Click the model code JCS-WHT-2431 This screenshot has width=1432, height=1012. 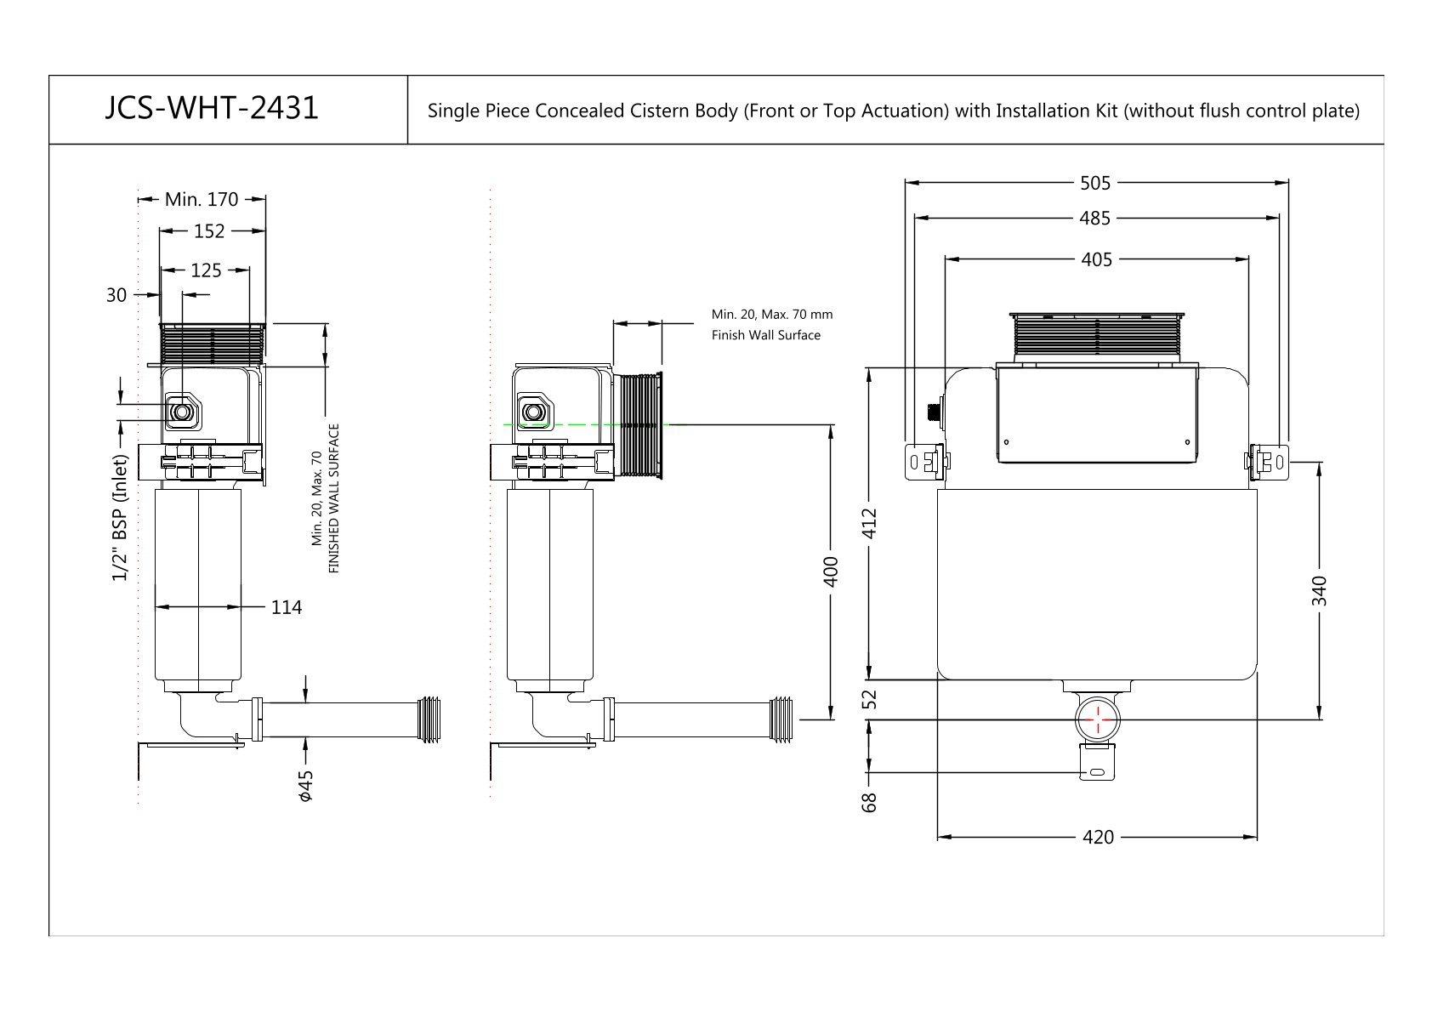(212, 108)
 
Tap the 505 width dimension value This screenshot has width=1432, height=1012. (1095, 183)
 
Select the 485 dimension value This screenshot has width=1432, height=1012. (1095, 219)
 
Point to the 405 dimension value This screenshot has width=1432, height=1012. (1096, 259)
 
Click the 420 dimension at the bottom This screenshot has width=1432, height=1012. (1098, 838)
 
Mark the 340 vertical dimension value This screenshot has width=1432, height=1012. (1319, 590)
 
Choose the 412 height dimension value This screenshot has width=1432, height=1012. (869, 524)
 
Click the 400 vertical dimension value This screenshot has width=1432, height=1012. (831, 571)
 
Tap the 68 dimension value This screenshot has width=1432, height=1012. (869, 802)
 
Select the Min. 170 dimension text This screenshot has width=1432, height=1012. (202, 200)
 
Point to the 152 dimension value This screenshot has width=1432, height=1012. (209, 231)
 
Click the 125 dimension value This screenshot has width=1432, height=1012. (206, 270)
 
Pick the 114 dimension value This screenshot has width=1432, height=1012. (286, 607)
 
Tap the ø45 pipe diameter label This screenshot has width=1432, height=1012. (306, 786)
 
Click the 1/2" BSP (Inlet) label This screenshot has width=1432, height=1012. (121, 518)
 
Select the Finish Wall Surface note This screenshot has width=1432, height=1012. (766, 335)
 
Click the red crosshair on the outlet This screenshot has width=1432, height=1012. (1098, 719)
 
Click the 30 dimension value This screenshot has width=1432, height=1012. (116, 295)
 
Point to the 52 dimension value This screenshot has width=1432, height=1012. (869, 699)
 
